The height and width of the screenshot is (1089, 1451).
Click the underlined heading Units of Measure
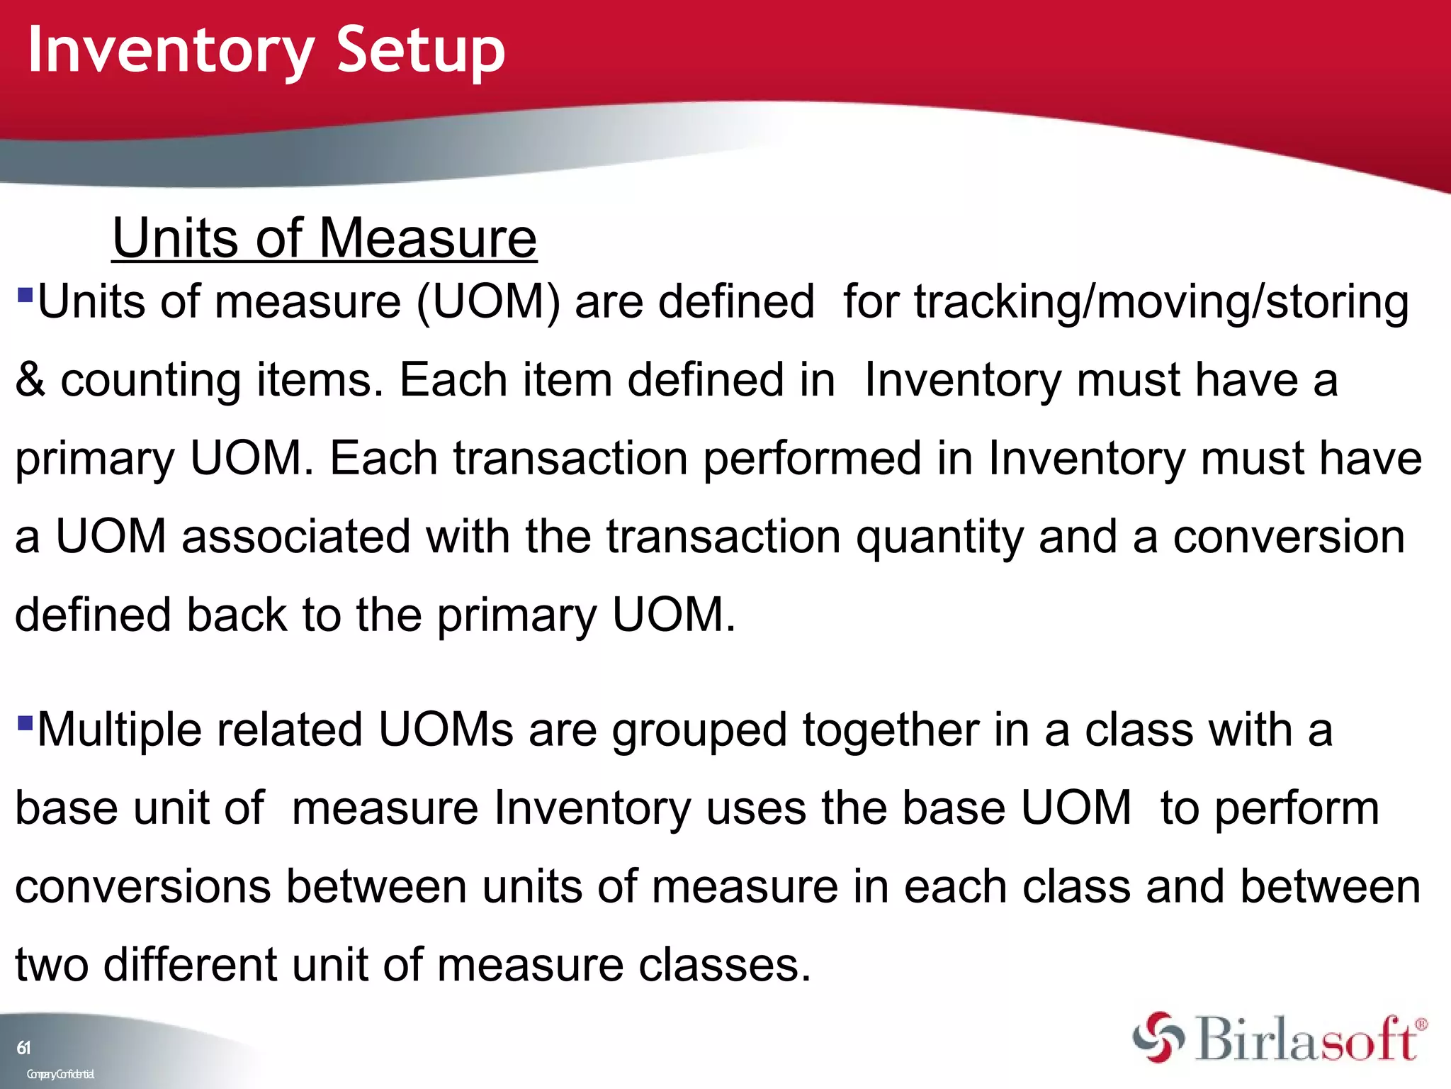324,239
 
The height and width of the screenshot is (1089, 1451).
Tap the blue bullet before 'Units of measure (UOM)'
25,294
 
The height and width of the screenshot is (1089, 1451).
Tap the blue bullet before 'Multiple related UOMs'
25,722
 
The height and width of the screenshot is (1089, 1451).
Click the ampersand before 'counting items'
30,381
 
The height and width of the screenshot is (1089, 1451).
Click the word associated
295,537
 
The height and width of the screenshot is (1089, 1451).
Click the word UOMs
445,730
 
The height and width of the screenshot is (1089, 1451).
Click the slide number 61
23,1048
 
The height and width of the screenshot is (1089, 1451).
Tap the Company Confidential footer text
60,1074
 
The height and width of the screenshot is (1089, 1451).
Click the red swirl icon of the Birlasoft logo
1158,1037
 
